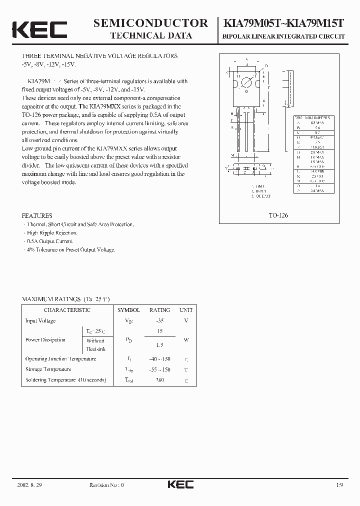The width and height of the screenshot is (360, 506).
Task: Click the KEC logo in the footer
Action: (180, 484)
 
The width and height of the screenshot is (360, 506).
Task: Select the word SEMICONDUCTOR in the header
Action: (150, 23)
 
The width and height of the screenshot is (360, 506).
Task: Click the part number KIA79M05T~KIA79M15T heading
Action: (285, 23)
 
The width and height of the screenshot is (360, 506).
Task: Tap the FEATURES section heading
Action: (37, 215)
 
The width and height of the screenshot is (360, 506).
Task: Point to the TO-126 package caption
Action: (278, 215)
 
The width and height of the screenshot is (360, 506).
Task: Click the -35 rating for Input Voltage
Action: (159, 321)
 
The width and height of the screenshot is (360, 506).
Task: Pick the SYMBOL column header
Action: (128, 310)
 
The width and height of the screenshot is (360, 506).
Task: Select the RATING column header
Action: (159, 310)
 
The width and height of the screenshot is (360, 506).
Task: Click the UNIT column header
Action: (185, 310)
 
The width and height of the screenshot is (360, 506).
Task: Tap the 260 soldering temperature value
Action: (159, 380)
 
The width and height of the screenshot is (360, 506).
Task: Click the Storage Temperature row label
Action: (48, 369)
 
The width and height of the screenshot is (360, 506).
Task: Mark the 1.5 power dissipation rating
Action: (159, 345)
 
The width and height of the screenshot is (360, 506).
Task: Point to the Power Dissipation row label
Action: (45, 340)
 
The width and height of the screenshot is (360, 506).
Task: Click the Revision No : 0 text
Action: (106, 485)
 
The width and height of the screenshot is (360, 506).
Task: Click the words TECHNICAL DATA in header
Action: (150, 35)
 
